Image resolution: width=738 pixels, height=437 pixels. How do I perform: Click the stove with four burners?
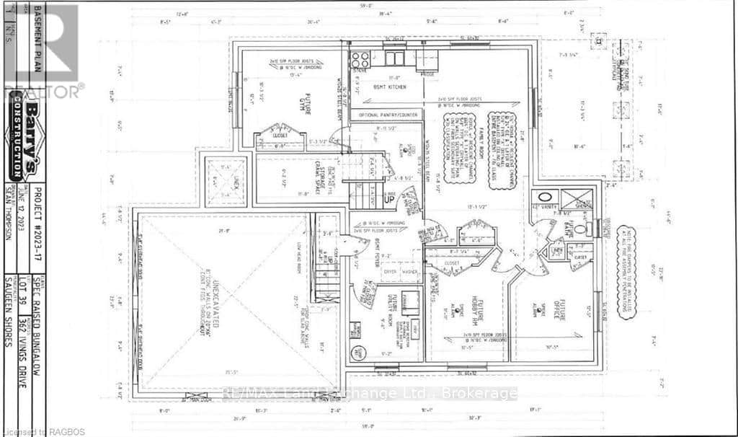(x=360, y=59)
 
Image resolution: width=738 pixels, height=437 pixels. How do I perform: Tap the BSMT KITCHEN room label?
(x=389, y=87)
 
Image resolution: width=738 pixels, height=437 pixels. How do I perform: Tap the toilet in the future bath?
(x=593, y=229)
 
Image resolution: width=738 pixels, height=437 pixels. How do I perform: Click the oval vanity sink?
(x=546, y=197)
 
